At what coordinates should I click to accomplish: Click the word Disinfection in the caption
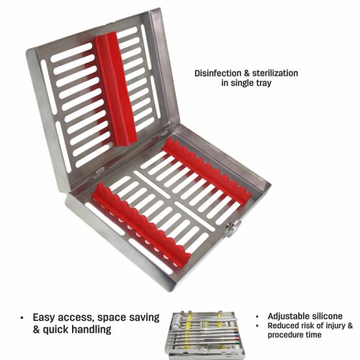[x=217, y=73]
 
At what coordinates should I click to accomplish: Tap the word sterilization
[x=275, y=73]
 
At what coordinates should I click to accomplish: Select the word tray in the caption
[x=263, y=84]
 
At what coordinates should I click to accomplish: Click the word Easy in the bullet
[x=44, y=318]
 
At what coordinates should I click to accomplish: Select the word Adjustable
[x=286, y=316]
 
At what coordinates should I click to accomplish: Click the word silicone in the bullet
[x=324, y=316]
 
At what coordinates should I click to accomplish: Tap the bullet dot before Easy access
[x=22, y=318]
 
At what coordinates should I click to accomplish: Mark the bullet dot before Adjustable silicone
[x=258, y=317]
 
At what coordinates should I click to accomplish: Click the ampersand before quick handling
[x=36, y=329]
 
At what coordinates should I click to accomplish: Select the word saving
[x=145, y=318]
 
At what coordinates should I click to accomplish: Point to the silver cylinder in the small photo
[x=176, y=320]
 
